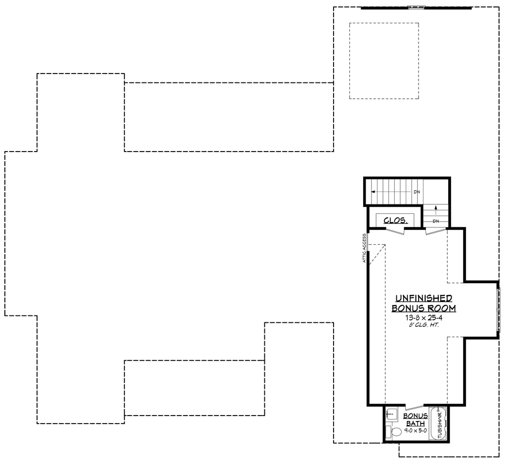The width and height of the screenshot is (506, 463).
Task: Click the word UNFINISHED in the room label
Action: click(423, 298)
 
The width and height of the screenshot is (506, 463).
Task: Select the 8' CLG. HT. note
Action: click(423, 325)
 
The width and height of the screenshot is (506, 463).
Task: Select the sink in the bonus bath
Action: click(392, 413)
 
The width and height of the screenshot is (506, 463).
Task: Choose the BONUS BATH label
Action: click(415, 420)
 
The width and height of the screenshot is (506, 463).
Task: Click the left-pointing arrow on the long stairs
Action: click(374, 192)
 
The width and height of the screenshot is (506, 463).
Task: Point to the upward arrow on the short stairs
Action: click(435, 209)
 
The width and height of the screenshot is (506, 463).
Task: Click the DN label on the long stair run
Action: click(417, 192)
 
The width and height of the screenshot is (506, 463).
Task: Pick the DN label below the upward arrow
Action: click(435, 221)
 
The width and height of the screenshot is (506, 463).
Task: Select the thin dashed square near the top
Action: click(384, 61)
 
